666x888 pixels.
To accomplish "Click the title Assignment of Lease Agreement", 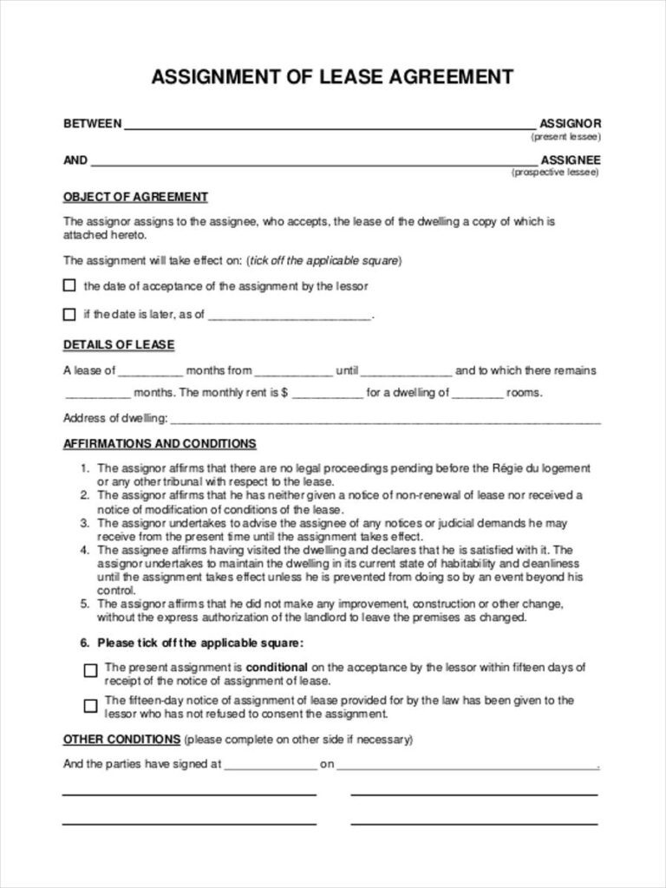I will [332, 77].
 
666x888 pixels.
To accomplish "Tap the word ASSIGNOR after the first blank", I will [570, 124].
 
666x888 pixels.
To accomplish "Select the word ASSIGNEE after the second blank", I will [570, 160].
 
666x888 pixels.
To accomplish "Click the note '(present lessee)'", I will [565, 137].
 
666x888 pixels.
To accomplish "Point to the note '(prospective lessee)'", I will [555, 173].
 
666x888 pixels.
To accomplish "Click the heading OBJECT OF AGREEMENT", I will [135, 197].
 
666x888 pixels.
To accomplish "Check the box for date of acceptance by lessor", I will [69, 285].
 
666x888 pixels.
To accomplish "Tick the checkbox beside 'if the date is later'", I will [69, 314].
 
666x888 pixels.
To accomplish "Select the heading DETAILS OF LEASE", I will [119, 345].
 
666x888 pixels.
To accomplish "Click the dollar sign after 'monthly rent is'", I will [284, 393].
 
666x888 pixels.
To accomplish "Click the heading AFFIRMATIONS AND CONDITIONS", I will [160, 444].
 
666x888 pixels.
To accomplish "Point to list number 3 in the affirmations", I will [85, 524].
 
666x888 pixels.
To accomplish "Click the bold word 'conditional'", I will [277, 668].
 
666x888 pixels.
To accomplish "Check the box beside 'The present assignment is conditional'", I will [90, 670].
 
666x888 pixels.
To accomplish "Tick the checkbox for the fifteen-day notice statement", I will [90, 706].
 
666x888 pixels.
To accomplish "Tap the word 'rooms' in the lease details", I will [524, 393].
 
